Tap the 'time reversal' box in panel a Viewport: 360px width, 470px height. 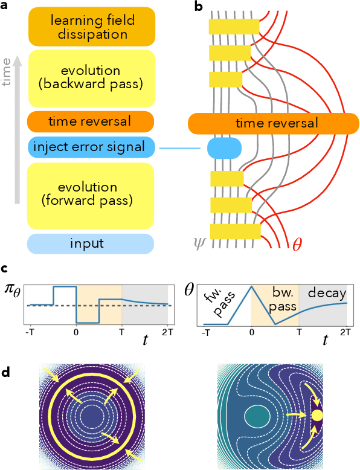click(x=91, y=121)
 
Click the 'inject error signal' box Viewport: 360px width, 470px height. click(x=91, y=147)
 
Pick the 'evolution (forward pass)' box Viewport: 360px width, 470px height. click(x=91, y=193)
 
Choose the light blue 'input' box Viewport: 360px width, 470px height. click(x=91, y=243)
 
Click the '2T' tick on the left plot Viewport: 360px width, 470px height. click(x=169, y=331)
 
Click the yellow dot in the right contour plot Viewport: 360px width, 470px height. click(x=318, y=415)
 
